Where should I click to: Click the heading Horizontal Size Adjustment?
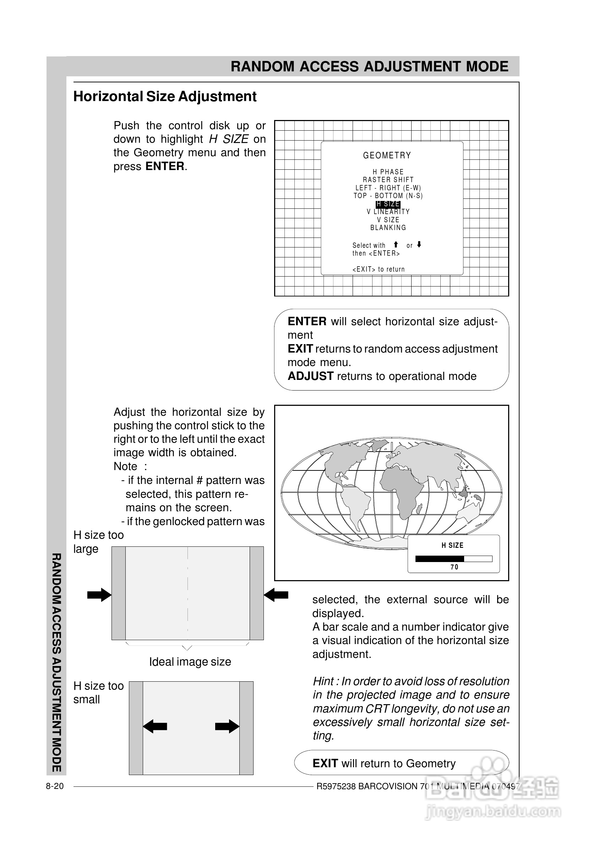pyautogui.click(x=165, y=97)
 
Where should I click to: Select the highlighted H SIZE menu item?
pyautogui.click(x=388, y=204)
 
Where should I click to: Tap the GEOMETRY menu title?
pyautogui.click(x=387, y=156)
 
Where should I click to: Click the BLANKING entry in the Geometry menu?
pyautogui.click(x=388, y=228)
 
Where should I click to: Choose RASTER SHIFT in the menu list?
pyautogui.click(x=388, y=180)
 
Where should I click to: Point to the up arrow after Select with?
pyautogui.click(x=396, y=245)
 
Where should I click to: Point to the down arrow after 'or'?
pyautogui.click(x=419, y=245)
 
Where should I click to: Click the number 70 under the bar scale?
pyautogui.click(x=455, y=567)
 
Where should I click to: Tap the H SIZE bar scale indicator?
pyautogui.click(x=454, y=558)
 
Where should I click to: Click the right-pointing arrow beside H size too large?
pyautogui.click(x=99, y=595)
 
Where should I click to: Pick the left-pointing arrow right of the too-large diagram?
pyautogui.click(x=276, y=595)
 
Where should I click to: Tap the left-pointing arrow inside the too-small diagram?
pyautogui.click(x=155, y=726)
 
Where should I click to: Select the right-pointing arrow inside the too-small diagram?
pyautogui.click(x=227, y=726)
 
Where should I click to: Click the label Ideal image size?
pyautogui.click(x=190, y=662)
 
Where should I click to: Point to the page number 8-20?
pyautogui.click(x=54, y=786)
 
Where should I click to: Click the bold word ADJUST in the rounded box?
pyautogui.click(x=310, y=376)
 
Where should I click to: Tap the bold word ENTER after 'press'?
pyautogui.click(x=165, y=166)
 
